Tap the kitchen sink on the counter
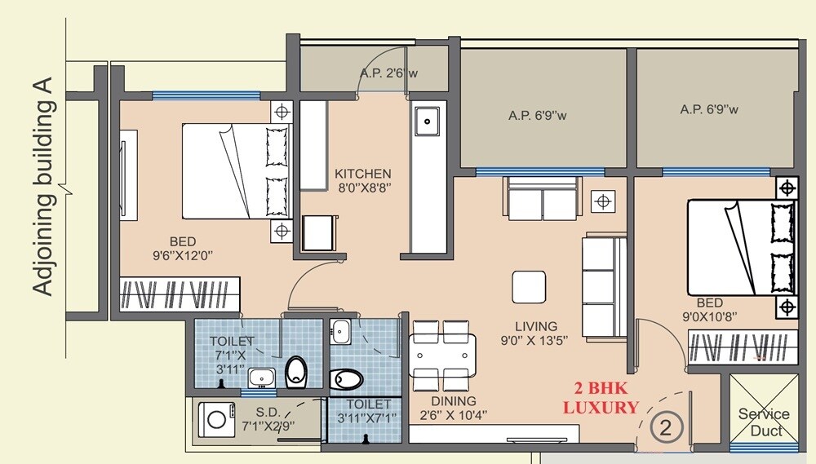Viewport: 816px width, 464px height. (x=426, y=122)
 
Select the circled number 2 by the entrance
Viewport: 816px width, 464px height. (x=666, y=426)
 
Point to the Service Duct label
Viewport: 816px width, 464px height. (x=764, y=422)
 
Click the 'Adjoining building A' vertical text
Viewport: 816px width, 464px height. (x=43, y=187)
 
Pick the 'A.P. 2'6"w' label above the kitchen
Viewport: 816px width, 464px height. (x=388, y=73)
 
